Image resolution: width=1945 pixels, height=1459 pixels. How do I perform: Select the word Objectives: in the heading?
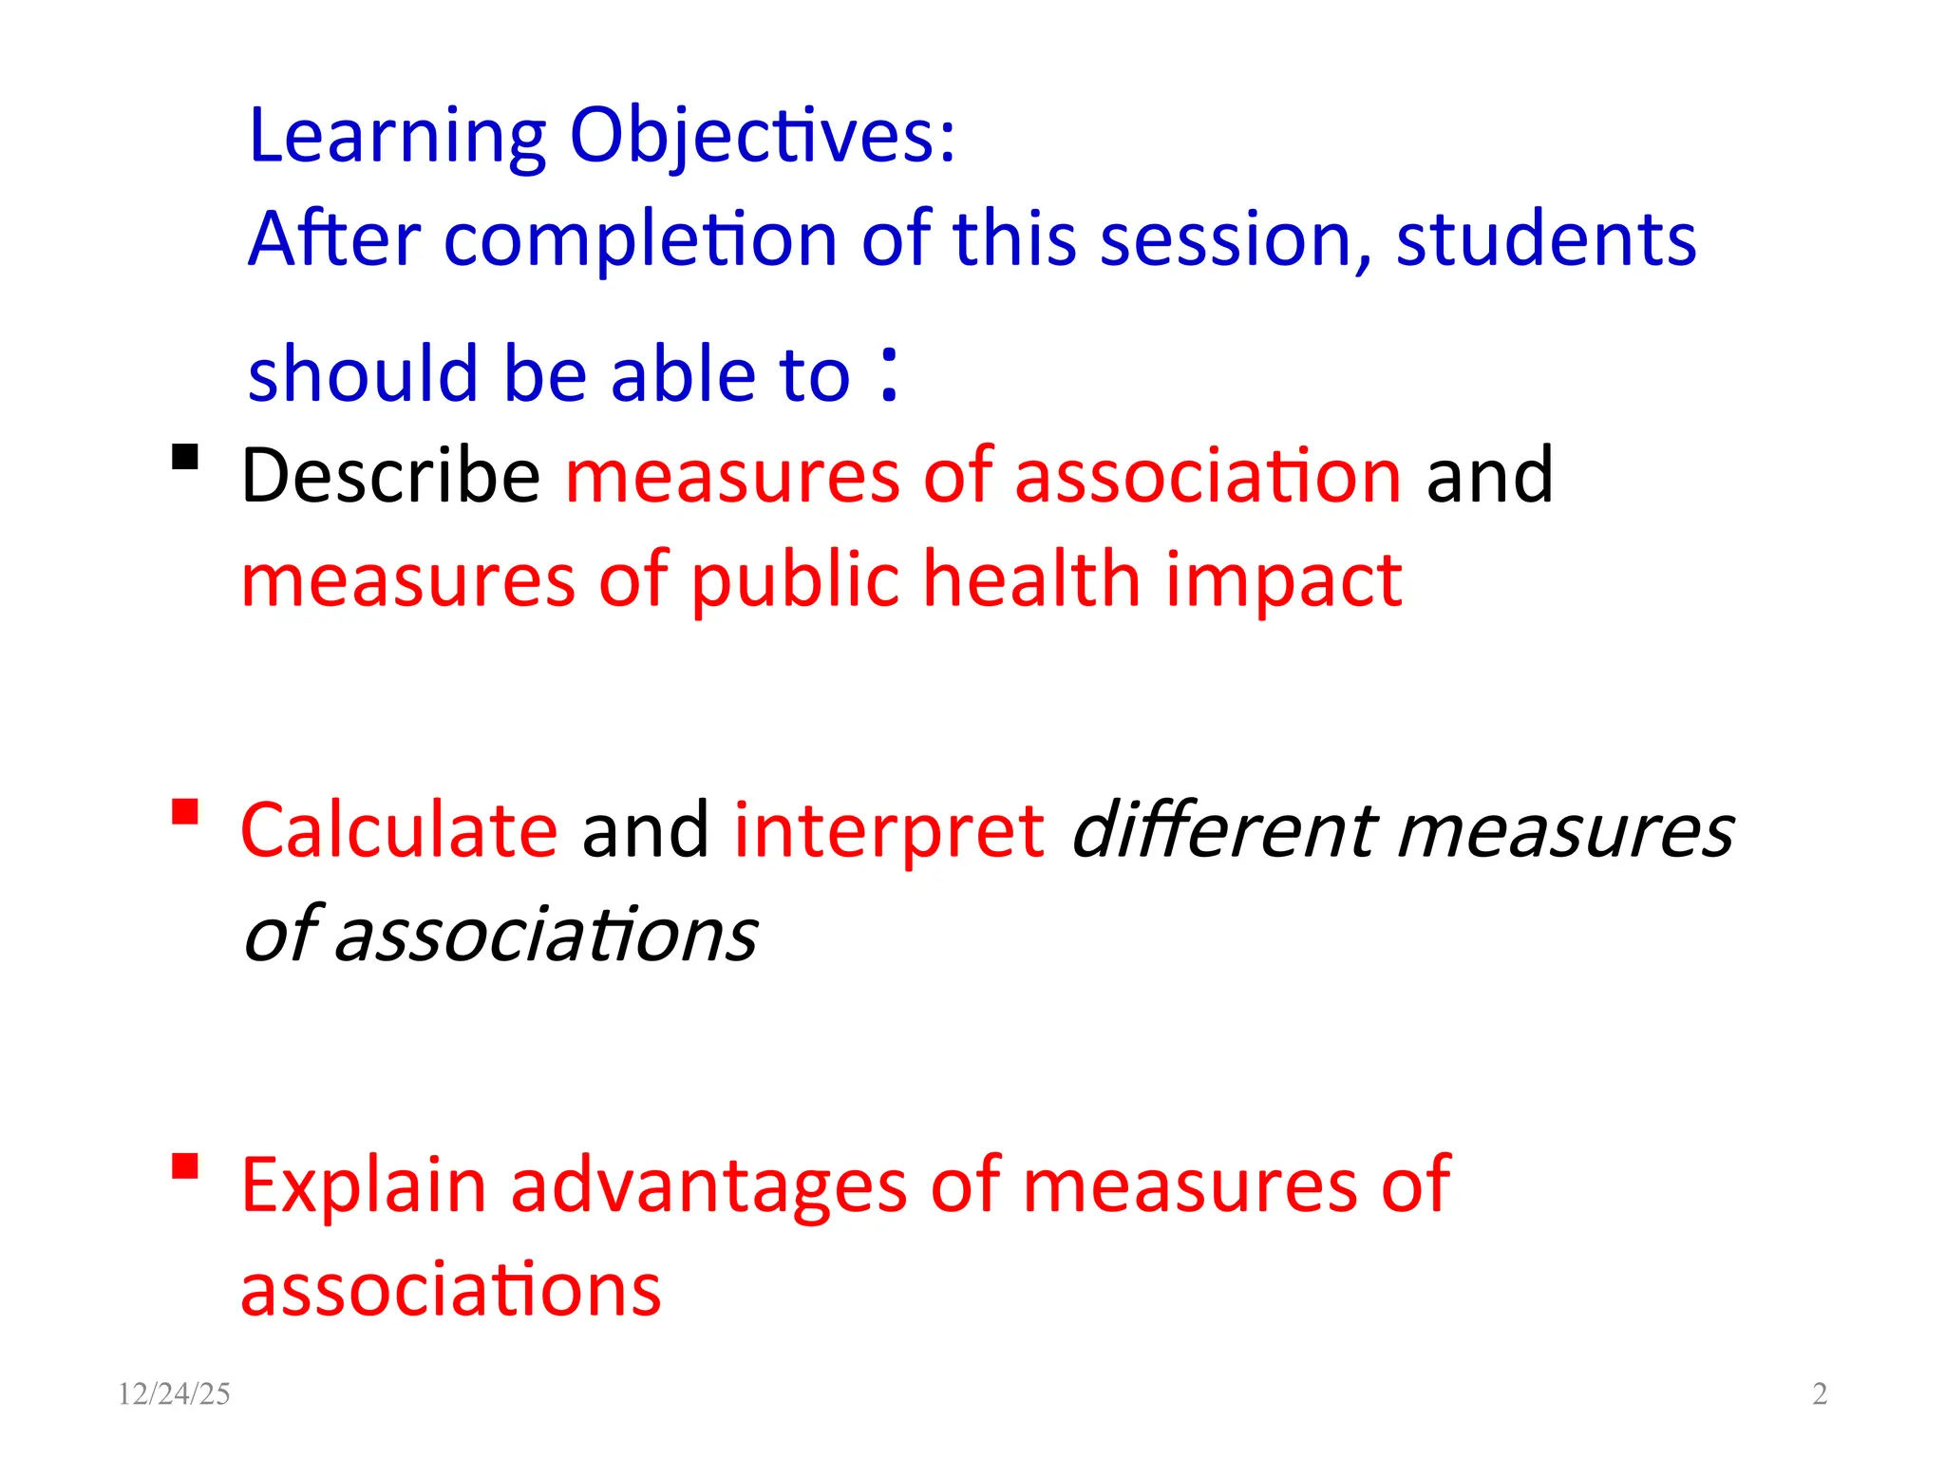763,138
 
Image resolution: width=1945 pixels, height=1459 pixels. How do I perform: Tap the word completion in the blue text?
640,239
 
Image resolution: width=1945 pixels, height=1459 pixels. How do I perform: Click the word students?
1545,239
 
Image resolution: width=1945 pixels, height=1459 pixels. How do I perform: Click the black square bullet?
185,458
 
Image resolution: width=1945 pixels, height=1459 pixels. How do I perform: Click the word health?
1031,579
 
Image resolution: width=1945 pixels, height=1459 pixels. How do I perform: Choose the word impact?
1284,579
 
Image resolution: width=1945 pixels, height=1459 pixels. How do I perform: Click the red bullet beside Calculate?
185,812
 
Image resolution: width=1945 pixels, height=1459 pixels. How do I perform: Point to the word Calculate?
399,830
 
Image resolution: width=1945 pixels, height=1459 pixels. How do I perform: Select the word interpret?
889,830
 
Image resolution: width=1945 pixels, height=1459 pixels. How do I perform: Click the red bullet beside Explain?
185,1165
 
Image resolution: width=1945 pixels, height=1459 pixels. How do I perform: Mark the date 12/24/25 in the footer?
174,1393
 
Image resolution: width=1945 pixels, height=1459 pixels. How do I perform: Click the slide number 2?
1820,1393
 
